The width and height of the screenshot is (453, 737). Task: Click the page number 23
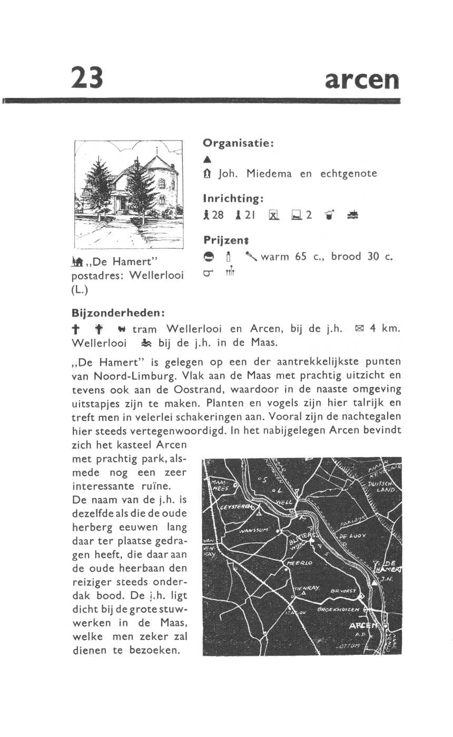[87, 77]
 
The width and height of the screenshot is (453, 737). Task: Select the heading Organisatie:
[238, 143]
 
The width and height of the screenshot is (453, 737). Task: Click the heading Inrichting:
[233, 198]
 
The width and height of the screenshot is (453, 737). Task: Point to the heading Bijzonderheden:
[119, 313]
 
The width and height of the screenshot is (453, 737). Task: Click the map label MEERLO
[300, 563]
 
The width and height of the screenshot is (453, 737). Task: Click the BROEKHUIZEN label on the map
[338, 610]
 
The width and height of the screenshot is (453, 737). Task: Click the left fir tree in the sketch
[99, 187]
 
